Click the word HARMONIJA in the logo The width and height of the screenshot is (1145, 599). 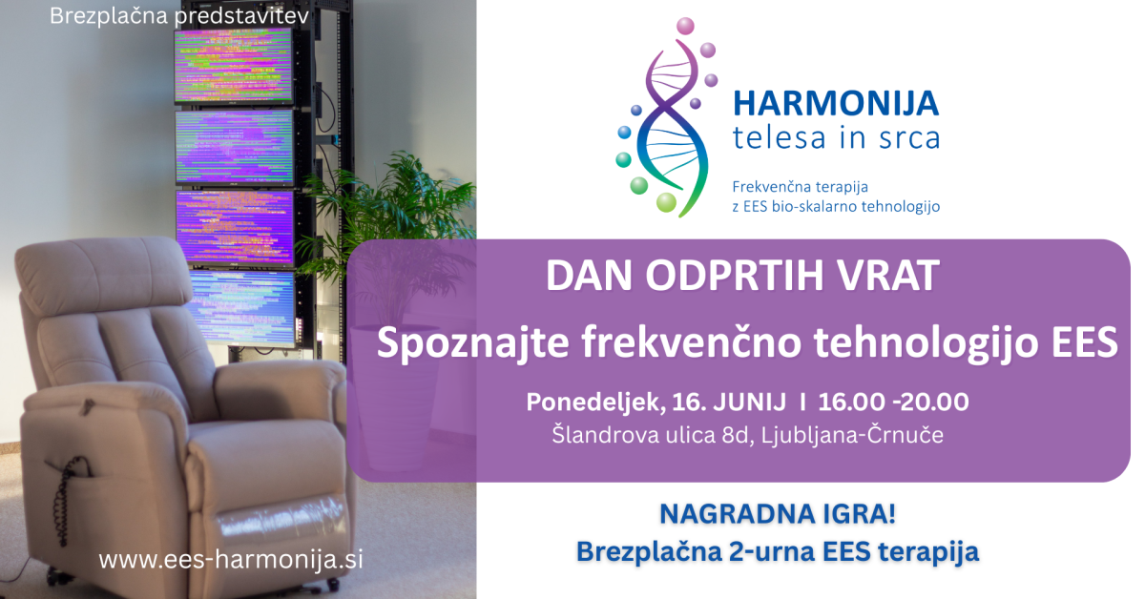(836, 104)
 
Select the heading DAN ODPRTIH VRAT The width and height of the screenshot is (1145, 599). (742, 276)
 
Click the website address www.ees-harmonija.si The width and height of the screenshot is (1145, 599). (231, 559)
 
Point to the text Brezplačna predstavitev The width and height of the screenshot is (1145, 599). (179, 16)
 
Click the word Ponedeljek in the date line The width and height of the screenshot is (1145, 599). (595, 403)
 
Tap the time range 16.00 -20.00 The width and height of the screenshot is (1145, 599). (893, 402)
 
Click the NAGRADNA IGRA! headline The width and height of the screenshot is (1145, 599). (778, 514)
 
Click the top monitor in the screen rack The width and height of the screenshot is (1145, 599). (234, 66)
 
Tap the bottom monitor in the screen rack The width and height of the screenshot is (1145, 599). (240, 308)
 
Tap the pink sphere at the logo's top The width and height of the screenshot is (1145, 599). (685, 26)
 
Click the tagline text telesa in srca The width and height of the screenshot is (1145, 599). (836, 138)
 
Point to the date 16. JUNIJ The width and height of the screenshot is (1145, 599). (729, 402)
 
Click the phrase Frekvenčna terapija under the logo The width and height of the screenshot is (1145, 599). (800, 187)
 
